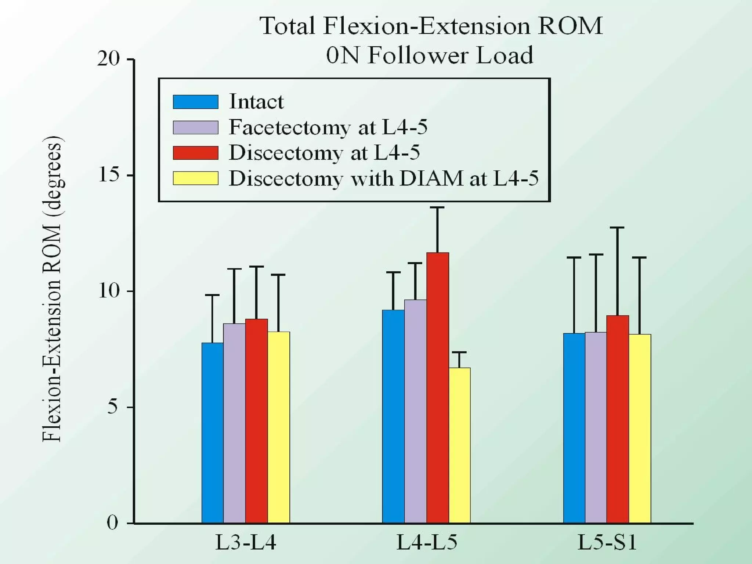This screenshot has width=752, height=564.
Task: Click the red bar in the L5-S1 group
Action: [618, 419]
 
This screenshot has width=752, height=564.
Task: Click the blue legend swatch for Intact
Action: [195, 102]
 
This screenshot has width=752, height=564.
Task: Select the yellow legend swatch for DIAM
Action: [195, 178]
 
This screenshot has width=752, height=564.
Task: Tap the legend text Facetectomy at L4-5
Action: [328, 127]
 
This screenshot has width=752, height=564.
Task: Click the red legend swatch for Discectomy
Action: [195, 153]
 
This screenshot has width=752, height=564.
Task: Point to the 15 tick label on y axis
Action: [109, 175]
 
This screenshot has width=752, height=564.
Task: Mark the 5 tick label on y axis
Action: [113, 407]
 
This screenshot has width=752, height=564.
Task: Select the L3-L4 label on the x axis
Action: [245, 543]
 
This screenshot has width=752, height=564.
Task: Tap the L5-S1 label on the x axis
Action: [607, 543]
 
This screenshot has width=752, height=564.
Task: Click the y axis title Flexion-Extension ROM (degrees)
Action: [52, 289]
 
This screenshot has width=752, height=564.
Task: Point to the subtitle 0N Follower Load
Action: [430, 55]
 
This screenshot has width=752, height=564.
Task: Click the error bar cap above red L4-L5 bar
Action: [437, 207]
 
